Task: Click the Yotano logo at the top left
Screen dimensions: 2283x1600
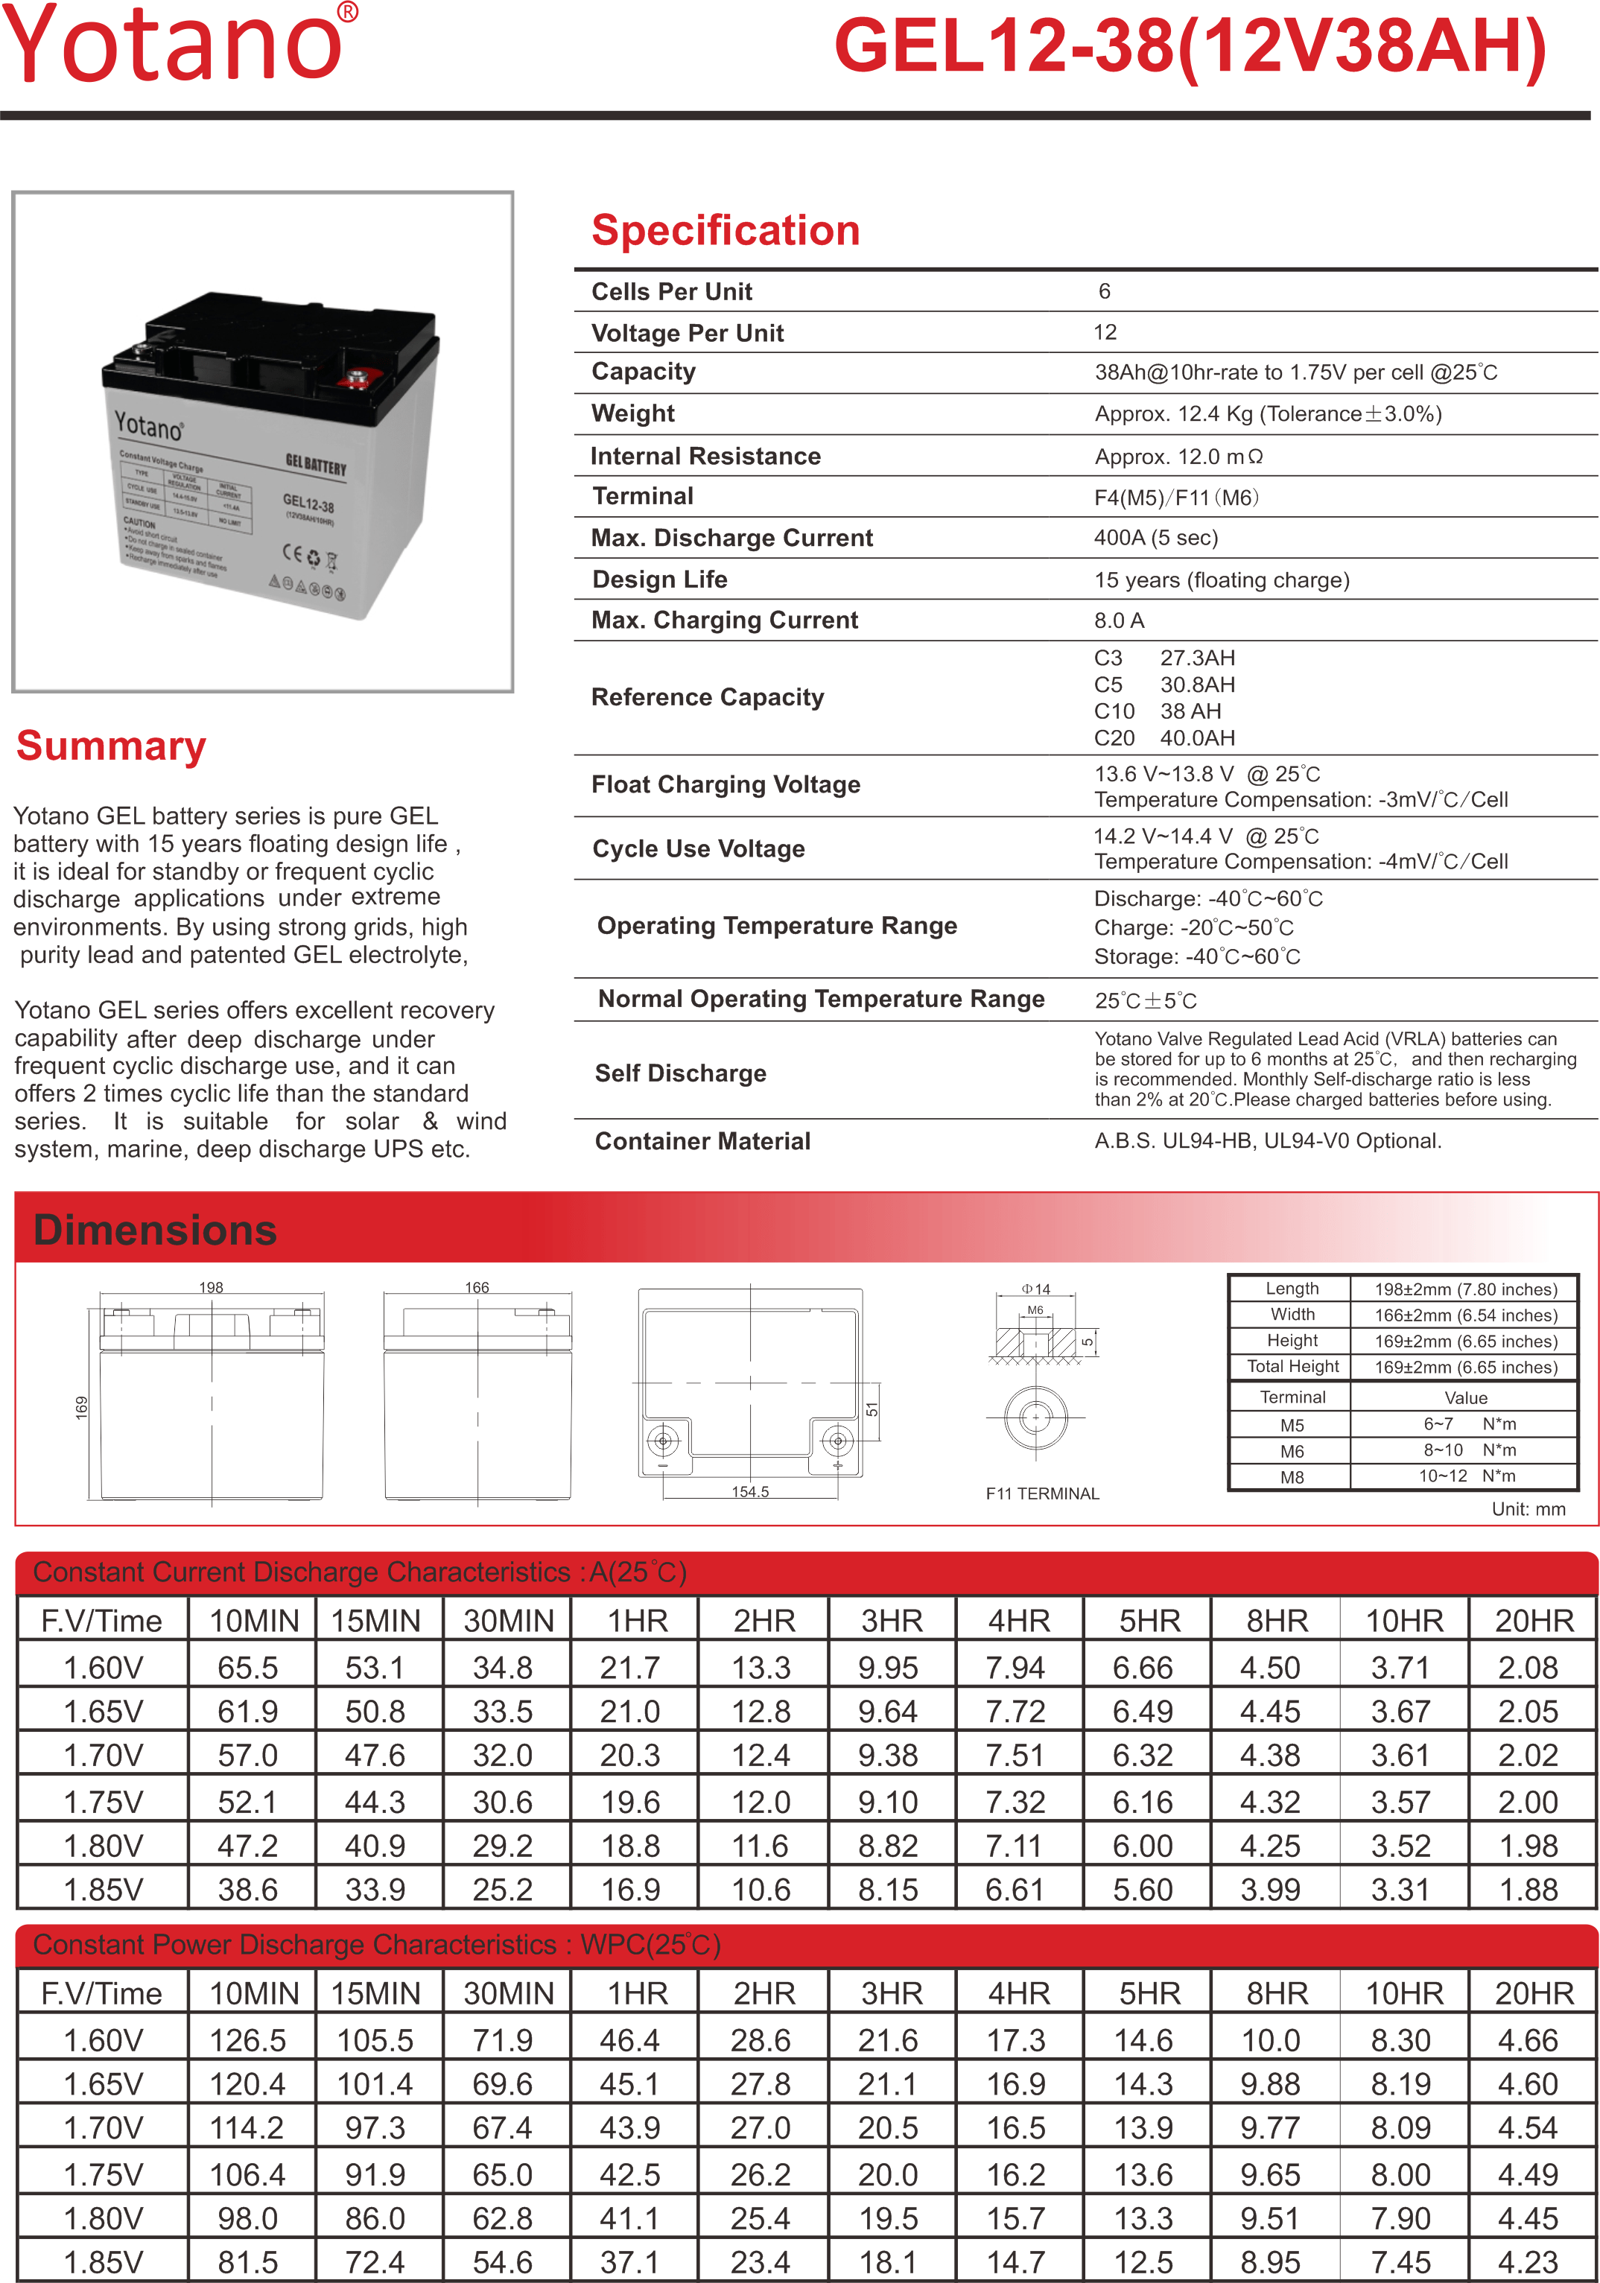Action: tap(177, 44)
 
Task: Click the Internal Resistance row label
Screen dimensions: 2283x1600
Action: tap(705, 457)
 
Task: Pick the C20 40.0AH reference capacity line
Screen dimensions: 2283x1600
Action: tap(1164, 738)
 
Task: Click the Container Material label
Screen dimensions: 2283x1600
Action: tap(702, 1141)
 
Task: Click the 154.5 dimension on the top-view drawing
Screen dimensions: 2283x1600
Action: tap(750, 1491)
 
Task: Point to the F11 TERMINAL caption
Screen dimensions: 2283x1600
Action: tap(1042, 1493)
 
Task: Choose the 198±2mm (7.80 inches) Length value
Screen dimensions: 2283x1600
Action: tap(1464, 1289)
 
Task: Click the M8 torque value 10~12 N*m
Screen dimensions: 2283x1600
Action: tap(1467, 1476)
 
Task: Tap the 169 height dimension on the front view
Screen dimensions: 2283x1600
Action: tap(81, 1407)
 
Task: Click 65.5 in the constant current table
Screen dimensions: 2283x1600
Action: tap(247, 1668)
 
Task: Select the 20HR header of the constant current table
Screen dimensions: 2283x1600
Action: tap(1534, 1621)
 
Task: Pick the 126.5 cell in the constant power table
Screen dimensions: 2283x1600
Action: tap(247, 2040)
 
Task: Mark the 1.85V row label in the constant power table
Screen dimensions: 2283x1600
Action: tap(104, 2262)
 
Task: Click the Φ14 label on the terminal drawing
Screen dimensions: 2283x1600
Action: tap(1035, 1289)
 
